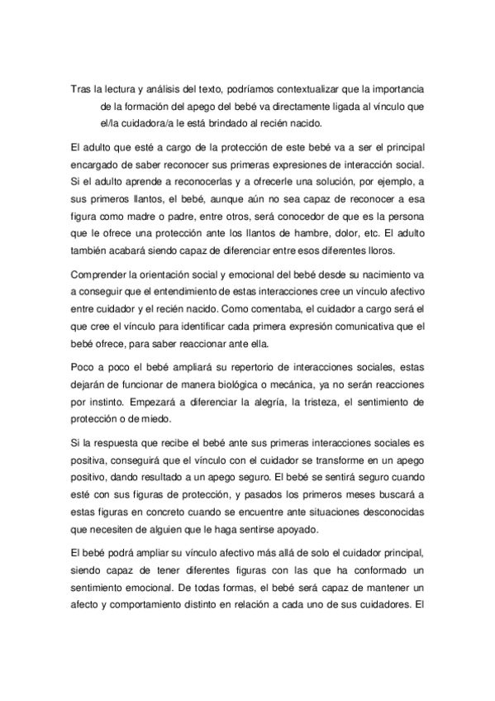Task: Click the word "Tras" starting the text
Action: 81,89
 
